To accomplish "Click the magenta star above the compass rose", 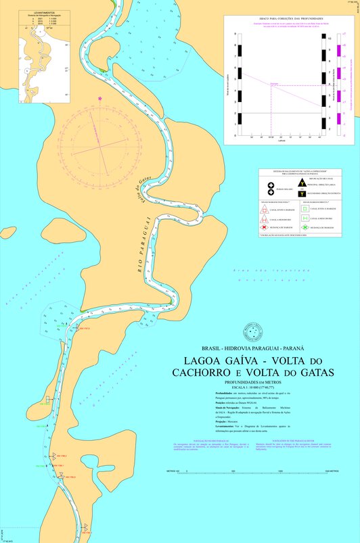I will pyautogui.click(x=100, y=99).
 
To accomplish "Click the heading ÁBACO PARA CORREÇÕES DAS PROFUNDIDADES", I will pyautogui.click(x=288, y=18).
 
